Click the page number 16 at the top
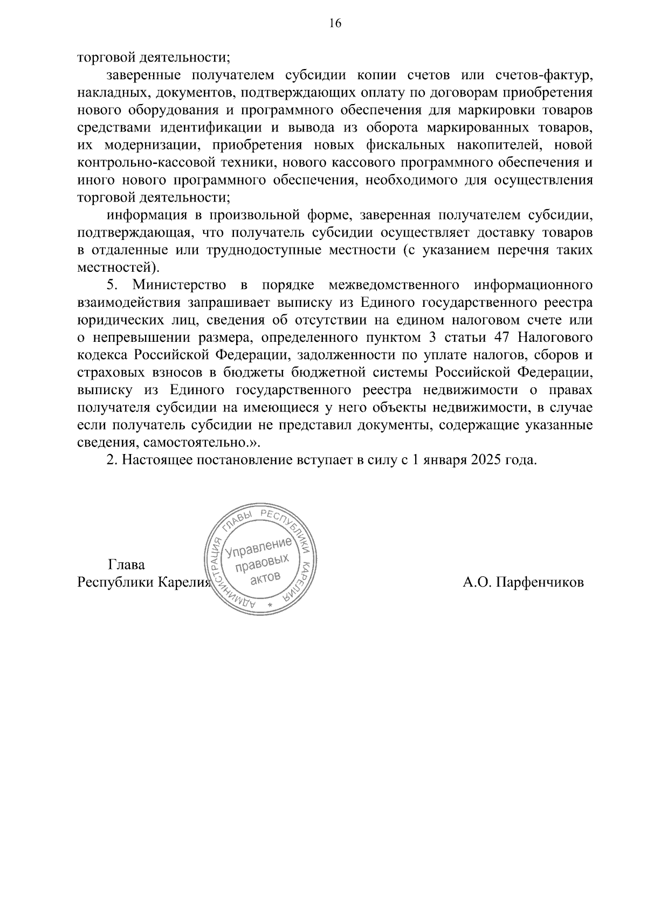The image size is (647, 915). (335, 23)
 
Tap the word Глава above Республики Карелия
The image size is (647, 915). (127, 565)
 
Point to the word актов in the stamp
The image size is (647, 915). (265, 579)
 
